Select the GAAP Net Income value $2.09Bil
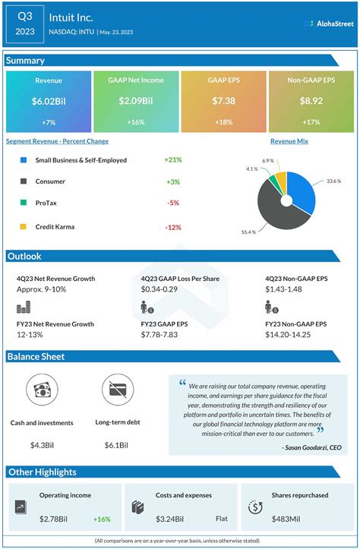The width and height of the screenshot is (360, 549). pyautogui.click(x=135, y=102)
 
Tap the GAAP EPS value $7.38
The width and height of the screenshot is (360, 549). pyautogui.click(x=223, y=102)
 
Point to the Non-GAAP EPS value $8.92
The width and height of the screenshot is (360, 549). pyautogui.click(x=311, y=102)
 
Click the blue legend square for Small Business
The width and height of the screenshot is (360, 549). pyautogui.click(x=24, y=160)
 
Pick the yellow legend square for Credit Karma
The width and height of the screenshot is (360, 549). pyautogui.click(x=24, y=226)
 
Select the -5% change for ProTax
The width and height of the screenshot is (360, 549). pyautogui.click(x=172, y=204)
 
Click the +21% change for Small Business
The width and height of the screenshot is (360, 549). pyautogui.click(x=172, y=160)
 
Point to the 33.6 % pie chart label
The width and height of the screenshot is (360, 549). pyautogui.click(x=334, y=181)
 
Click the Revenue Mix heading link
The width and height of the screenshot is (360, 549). pyautogui.click(x=289, y=141)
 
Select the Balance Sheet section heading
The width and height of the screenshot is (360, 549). pyautogui.click(x=36, y=357)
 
